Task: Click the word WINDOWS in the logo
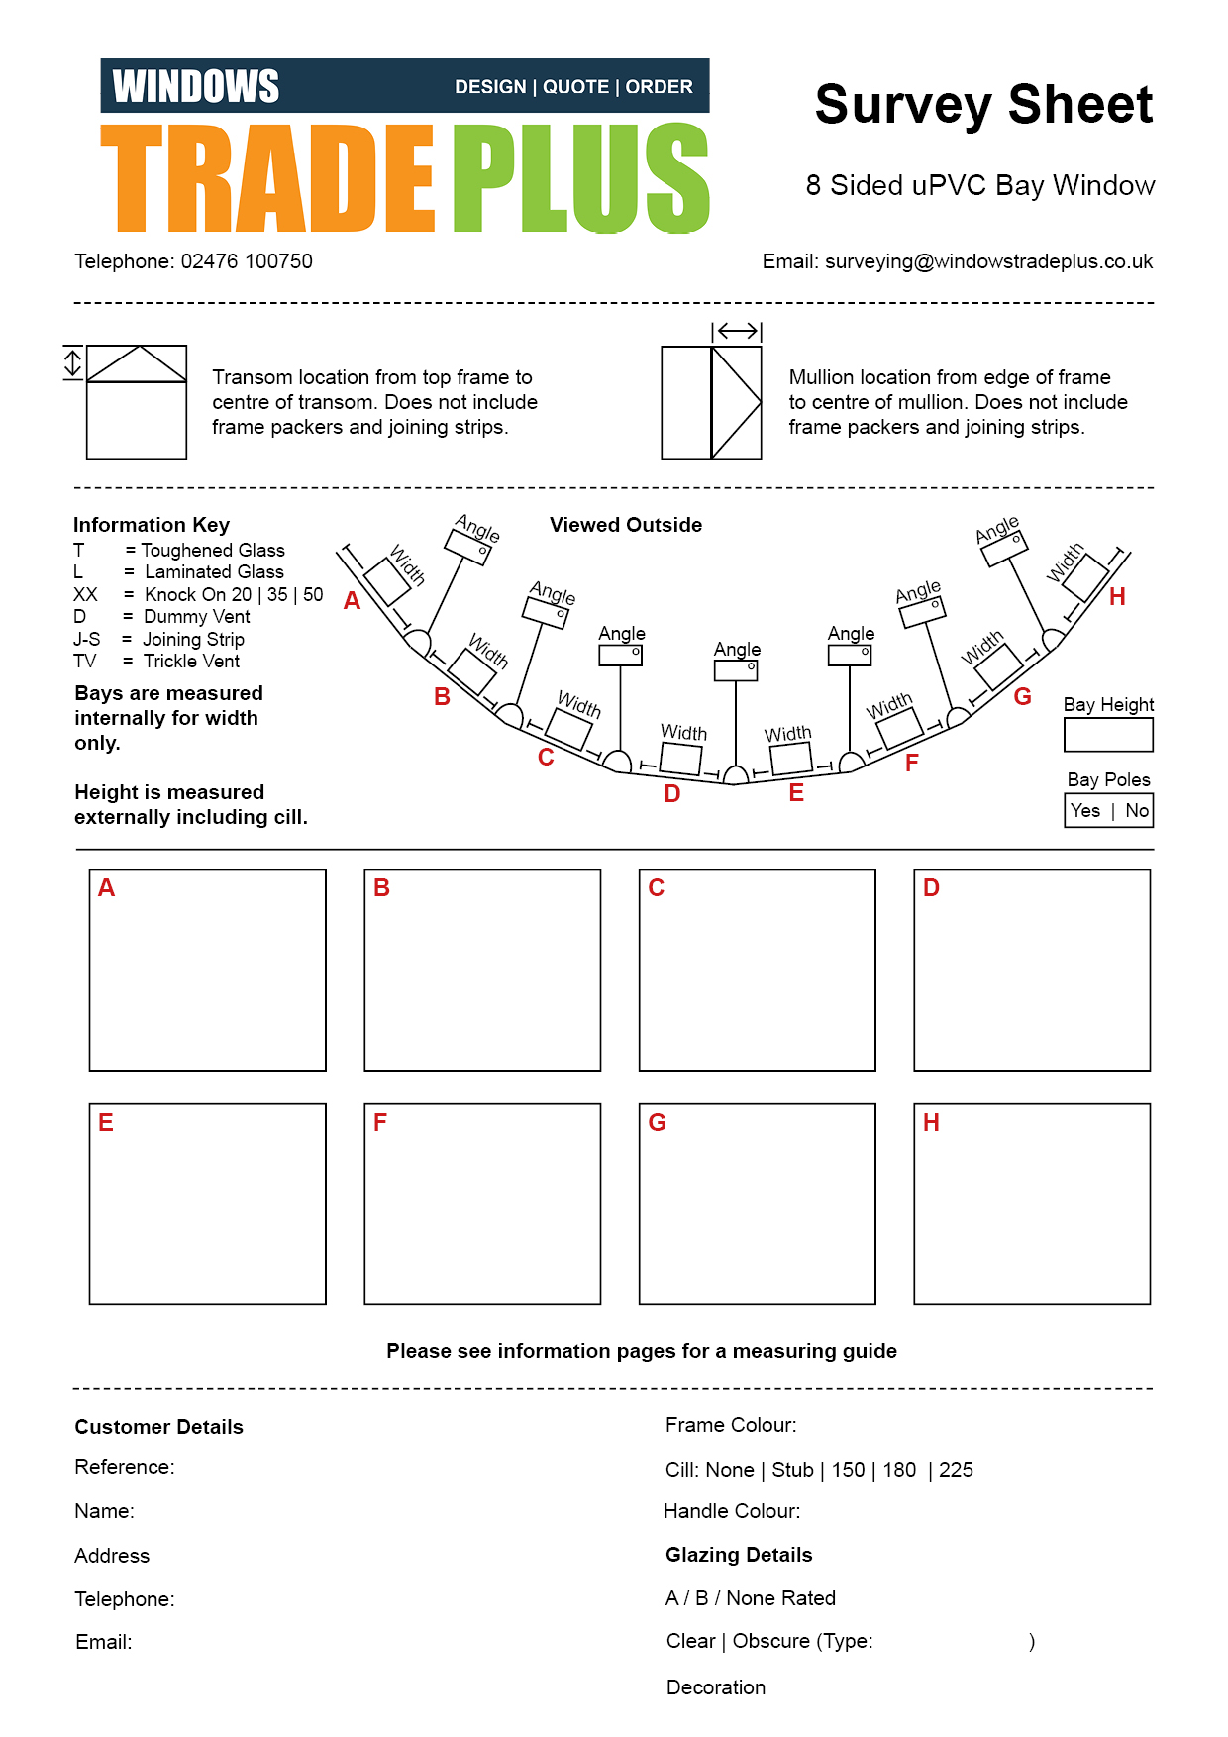(196, 86)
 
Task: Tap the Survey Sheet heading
(983, 105)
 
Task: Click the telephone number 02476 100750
(247, 261)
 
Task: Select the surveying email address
(988, 261)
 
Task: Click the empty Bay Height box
(1108, 735)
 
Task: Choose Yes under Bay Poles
(1085, 810)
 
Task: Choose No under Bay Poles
(1137, 810)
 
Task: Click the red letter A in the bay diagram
(352, 600)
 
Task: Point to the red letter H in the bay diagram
(1117, 596)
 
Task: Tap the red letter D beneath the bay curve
(672, 793)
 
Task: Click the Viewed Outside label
(626, 525)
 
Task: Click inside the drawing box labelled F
(482, 1204)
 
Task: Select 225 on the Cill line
(956, 1470)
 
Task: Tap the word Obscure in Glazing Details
(771, 1641)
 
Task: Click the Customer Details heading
(158, 1427)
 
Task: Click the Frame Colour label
(731, 1425)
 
